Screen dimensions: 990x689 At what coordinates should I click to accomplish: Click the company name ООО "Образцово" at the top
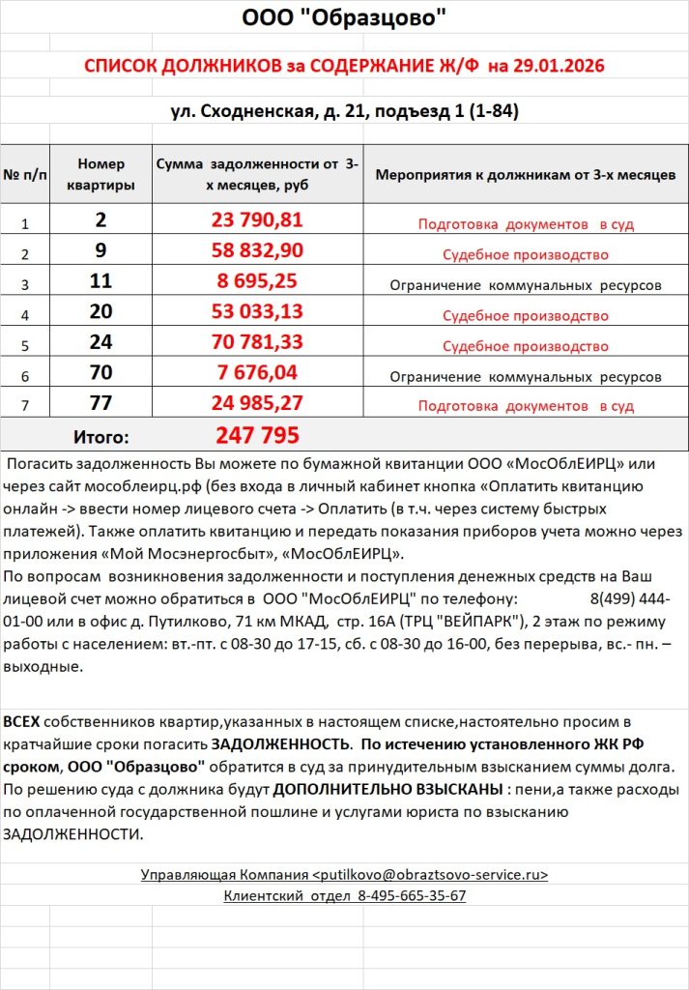coord(344,18)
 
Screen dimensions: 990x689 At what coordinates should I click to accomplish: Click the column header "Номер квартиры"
coord(101,174)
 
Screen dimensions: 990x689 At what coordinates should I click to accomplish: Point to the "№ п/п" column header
coord(25,174)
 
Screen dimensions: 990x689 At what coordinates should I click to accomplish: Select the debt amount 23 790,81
coord(257,220)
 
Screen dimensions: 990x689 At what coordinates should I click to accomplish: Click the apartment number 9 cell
coord(101,251)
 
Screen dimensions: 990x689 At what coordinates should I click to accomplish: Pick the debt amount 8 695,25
coord(257,282)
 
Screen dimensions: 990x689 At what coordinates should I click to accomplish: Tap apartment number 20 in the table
coord(101,311)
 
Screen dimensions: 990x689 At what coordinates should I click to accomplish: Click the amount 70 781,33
coord(257,342)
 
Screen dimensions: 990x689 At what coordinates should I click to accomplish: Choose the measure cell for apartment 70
coord(526,376)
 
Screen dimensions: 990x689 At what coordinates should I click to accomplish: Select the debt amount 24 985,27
coord(257,403)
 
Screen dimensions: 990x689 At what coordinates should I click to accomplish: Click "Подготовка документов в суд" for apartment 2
coord(526,224)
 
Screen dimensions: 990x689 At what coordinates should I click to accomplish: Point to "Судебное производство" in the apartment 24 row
coord(526,346)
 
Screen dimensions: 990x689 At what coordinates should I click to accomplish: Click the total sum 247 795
coord(257,435)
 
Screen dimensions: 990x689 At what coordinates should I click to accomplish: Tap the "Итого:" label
coord(101,436)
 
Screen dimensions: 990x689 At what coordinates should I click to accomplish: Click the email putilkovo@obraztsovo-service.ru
coord(430,875)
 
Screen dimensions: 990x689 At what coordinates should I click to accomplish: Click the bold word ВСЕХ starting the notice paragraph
coord(22,722)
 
